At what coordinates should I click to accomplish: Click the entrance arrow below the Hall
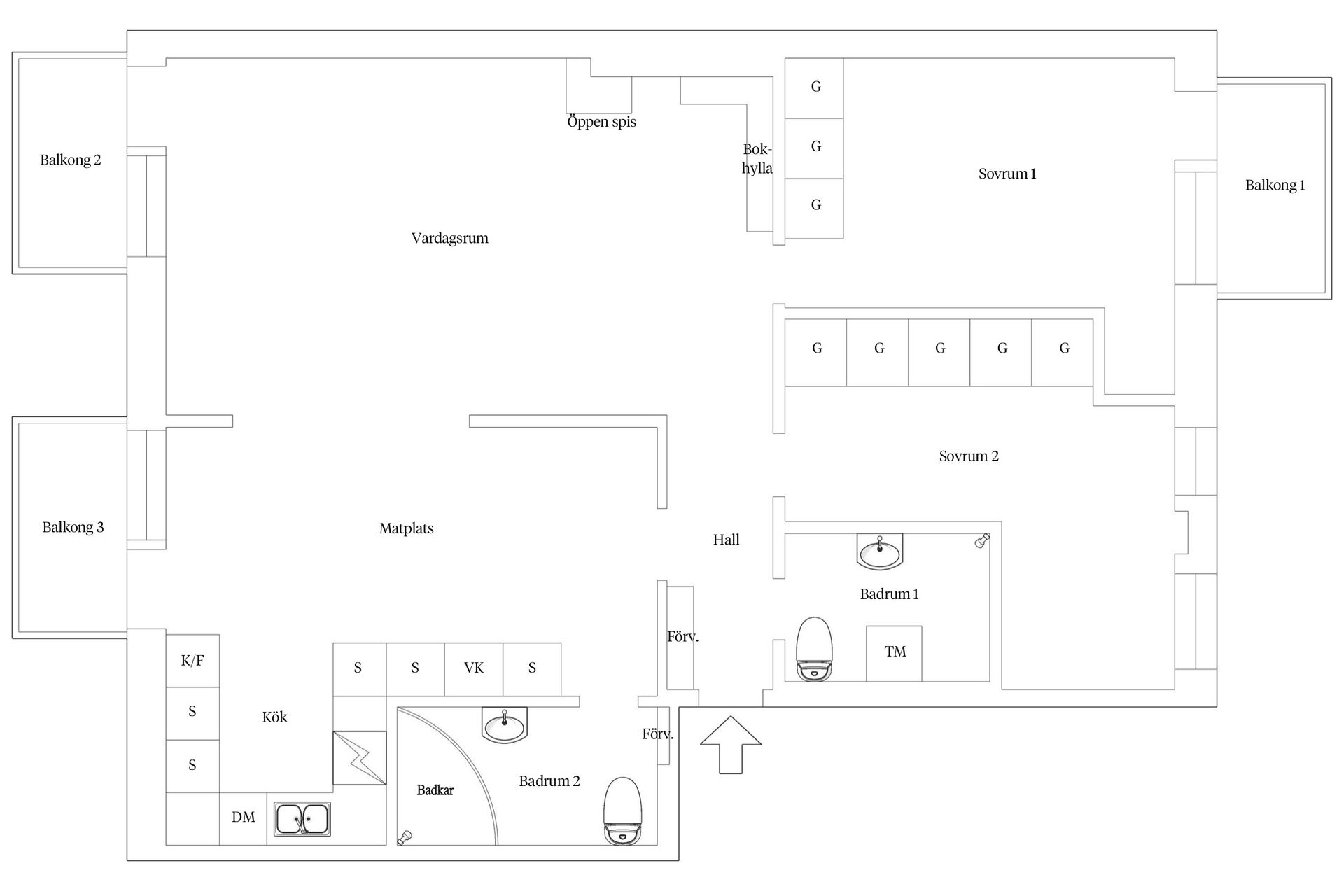pos(730,745)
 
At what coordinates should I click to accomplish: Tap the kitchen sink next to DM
pos(302,819)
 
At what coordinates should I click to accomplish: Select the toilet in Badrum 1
pos(815,649)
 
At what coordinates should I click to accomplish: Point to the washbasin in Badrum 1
pos(880,552)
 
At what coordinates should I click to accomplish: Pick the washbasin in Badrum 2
pos(504,724)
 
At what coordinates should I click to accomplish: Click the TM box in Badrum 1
pos(894,652)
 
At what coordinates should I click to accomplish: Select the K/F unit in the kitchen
pos(192,660)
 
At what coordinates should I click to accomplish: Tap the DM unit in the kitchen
pos(243,818)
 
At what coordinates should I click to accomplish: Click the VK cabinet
pos(474,668)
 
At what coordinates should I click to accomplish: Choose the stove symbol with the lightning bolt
pos(359,757)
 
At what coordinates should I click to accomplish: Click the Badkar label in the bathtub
pos(435,790)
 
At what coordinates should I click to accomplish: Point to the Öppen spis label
pos(601,122)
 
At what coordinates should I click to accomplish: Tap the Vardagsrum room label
pos(449,238)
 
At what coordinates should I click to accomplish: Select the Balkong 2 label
pos(70,160)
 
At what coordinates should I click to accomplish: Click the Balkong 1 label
pos(1275,185)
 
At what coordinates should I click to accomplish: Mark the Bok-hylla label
pos(757,159)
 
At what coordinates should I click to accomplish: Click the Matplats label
pos(406,528)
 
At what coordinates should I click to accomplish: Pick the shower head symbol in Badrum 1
pos(981,540)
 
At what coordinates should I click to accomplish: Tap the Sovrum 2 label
pos(968,456)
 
